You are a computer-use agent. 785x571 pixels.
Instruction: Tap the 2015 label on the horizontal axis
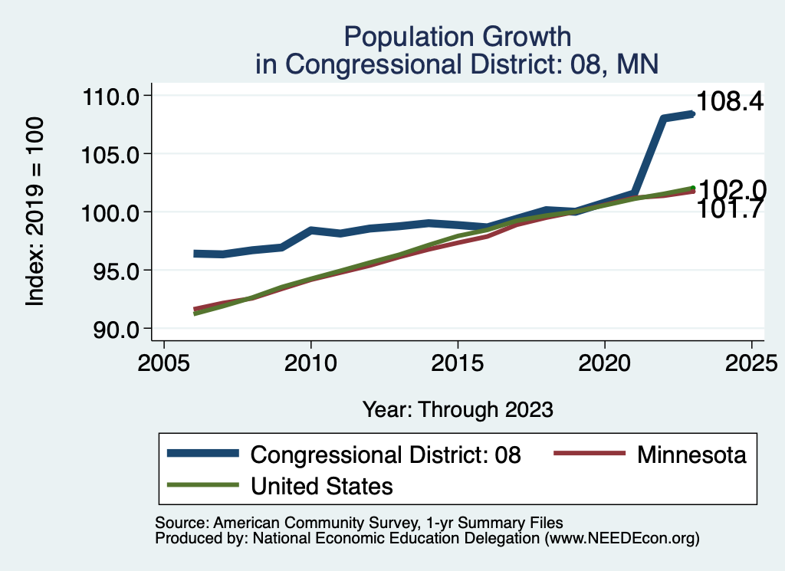(458, 362)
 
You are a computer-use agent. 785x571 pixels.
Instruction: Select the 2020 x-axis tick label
(605, 362)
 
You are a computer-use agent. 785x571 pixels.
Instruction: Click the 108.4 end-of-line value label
(730, 102)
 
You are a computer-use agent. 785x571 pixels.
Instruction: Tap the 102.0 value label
(734, 189)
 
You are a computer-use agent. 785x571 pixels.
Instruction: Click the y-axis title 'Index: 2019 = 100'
(34, 212)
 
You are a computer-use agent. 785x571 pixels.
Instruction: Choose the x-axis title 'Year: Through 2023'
(458, 410)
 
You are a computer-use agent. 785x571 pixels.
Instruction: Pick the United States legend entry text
(322, 485)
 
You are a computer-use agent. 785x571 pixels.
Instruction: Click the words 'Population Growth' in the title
(458, 37)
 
